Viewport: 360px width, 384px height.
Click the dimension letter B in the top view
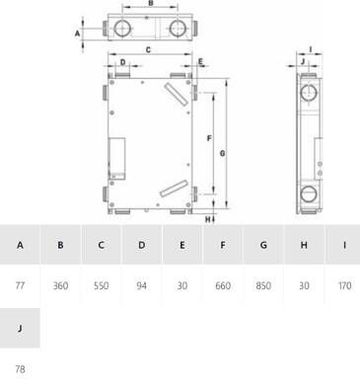[151, 3]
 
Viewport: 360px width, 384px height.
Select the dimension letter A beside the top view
[77, 34]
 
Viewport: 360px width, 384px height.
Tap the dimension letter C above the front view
[148, 50]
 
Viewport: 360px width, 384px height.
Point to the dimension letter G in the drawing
[223, 153]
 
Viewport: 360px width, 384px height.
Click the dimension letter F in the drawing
[209, 138]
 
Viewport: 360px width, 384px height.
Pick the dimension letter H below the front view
[208, 219]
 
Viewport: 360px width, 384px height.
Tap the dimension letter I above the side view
[311, 49]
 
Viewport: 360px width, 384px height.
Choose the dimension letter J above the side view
[303, 61]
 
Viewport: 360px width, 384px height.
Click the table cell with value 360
[60, 285]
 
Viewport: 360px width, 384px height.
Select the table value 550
[101, 285]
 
